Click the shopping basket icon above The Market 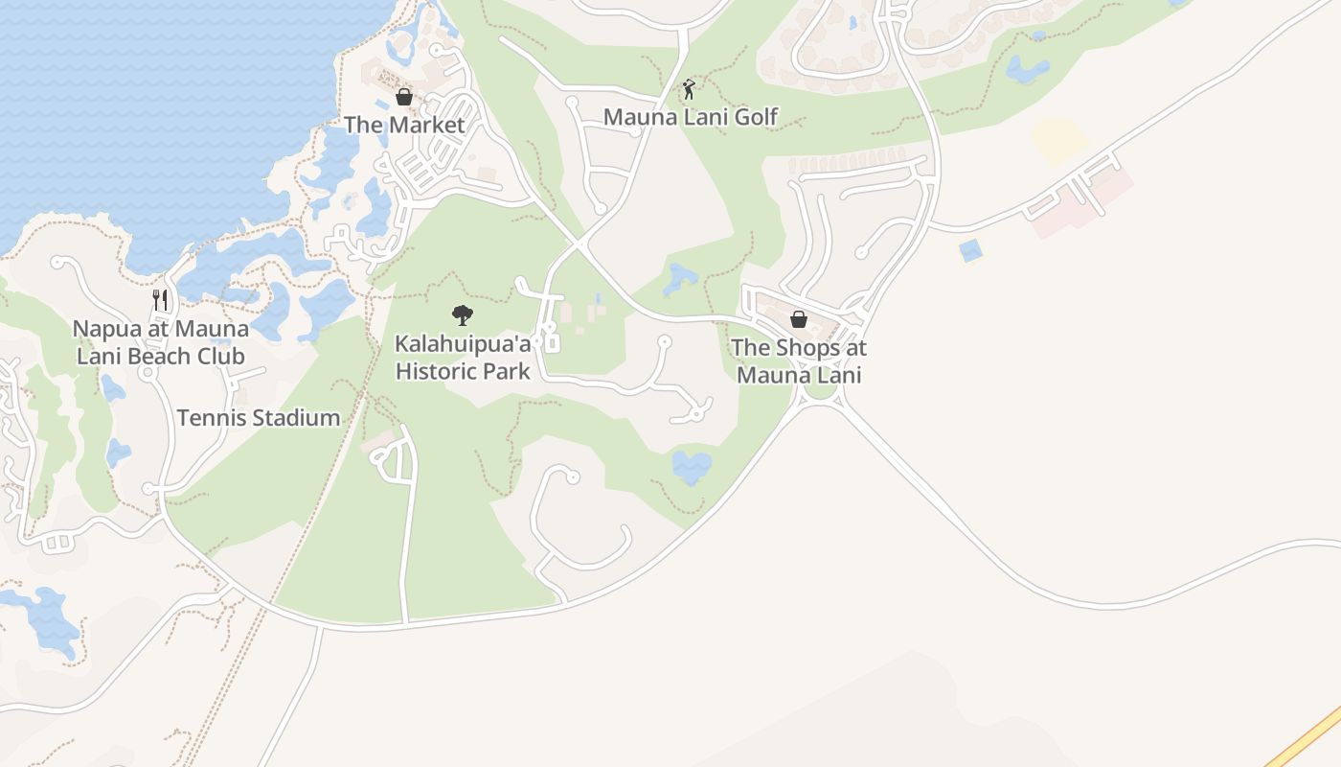[404, 97]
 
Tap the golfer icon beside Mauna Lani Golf [689, 90]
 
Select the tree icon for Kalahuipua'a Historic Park [463, 314]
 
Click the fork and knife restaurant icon [160, 300]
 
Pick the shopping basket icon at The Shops [799, 319]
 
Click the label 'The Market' [404, 125]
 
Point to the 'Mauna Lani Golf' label [691, 117]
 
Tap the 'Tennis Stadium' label [259, 418]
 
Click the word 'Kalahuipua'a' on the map [463, 342]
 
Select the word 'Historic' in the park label [438, 371]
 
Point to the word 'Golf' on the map [757, 117]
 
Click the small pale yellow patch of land [1059, 140]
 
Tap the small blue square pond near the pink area [970, 251]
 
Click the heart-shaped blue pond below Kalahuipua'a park [692, 467]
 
